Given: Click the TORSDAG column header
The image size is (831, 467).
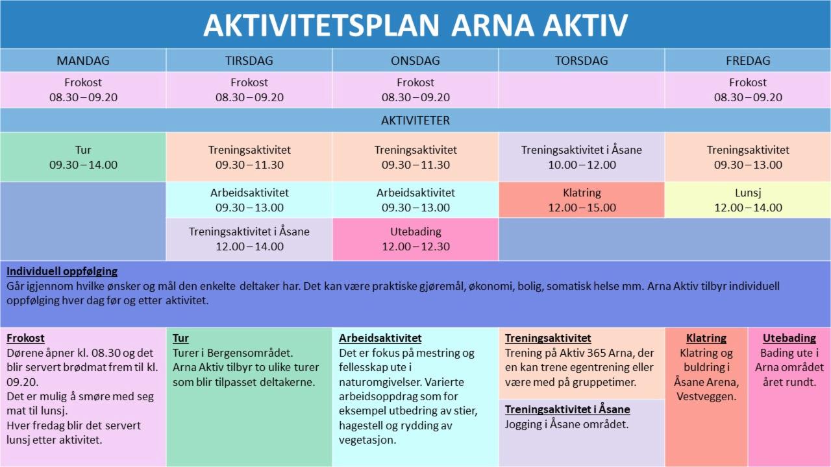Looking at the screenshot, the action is click(581, 60).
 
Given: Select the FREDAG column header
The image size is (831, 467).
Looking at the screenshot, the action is click(748, 60).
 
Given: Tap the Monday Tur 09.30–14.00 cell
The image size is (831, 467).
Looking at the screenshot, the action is click(83, 157).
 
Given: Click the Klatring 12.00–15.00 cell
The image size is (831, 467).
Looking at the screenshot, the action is click(581, 200).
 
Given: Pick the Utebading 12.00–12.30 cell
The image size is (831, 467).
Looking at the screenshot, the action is click(415, 239).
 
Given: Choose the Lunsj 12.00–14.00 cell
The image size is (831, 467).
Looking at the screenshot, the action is click(748, 200).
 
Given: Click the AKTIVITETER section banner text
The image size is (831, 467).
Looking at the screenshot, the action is click(415, 121).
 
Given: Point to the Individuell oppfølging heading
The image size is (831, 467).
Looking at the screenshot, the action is click(62, 271).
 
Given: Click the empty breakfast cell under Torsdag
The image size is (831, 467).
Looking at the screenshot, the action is click(581, 90).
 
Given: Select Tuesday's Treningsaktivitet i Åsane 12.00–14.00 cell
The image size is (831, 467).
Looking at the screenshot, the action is click(249, 239).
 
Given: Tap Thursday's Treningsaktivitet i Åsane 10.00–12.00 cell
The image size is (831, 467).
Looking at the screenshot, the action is click(581, 157).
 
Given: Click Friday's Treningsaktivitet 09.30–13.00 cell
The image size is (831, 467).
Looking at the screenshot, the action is click(748, 157).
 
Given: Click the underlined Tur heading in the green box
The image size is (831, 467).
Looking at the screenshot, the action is click(180, 338).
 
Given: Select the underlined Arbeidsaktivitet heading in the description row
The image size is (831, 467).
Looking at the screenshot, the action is click(380, 338).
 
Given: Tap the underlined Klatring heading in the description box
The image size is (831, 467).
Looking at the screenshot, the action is click(706, 338).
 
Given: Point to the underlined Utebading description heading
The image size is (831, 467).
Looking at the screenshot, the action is click(789, 338).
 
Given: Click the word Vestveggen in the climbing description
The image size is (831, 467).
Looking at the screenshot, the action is click(706, 396).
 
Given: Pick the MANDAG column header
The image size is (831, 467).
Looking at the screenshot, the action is click(83, 60).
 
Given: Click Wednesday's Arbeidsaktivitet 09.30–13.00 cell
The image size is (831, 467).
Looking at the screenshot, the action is click(415, 200).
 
